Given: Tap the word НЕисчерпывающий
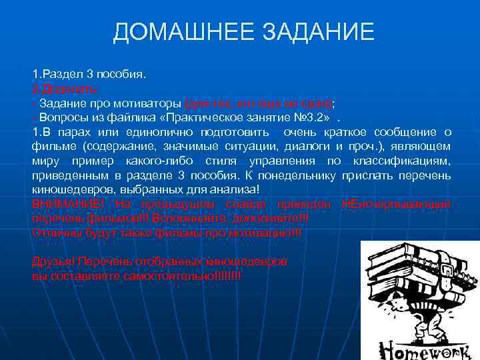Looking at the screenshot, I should click(396, 203).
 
